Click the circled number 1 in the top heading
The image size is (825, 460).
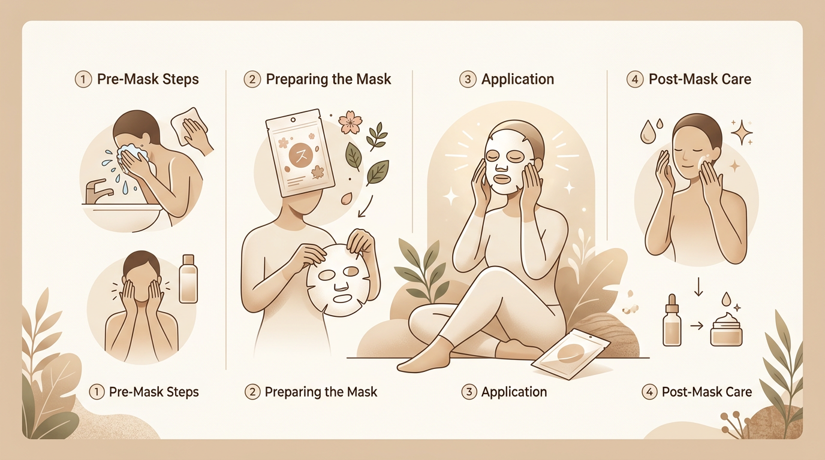[x=83, y=80]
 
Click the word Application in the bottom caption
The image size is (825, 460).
[x=514, y=392]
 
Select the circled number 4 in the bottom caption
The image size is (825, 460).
[x=649, y=392]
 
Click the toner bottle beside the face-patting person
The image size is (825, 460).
[x=188, y=279]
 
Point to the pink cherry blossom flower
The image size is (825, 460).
[x=349, y=123]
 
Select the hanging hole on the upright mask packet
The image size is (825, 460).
[x=293, y=120]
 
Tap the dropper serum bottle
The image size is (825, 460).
[x=672, y=320]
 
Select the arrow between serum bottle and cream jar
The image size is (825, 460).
[x=696, y=326]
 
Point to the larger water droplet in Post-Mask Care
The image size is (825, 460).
[x=647, y=132]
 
